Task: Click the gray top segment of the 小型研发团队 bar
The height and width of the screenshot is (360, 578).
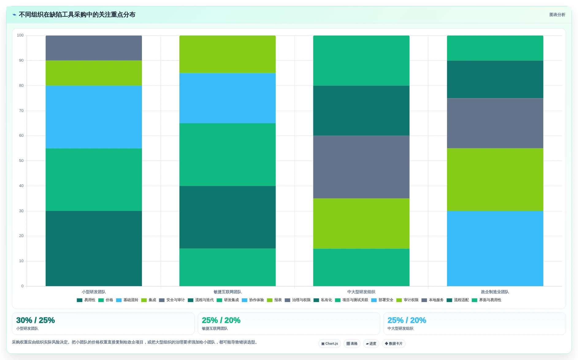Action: (x=94, y=48)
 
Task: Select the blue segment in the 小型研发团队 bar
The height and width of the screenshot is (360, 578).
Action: (x=94, y=117)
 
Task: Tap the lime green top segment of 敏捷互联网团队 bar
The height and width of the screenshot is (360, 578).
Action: (x=227, y=54)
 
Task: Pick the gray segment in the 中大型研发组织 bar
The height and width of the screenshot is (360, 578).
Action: (x=361, y=167)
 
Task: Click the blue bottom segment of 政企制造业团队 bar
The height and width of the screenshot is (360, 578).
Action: (x=495, y=248)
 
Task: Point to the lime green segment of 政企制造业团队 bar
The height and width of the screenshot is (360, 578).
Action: (x=495, y=180)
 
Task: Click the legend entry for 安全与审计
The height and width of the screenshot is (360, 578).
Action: (x=172, y=300)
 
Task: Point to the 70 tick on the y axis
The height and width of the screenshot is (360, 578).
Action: (x=21, y=111)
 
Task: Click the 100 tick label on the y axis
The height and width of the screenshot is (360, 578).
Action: (x=20, y=35)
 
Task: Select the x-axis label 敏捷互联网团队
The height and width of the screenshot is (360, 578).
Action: (x=227, y=292)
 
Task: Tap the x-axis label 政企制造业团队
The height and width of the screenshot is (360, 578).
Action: (x=495, y=292)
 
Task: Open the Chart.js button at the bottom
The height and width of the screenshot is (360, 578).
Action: (x=330, y=343)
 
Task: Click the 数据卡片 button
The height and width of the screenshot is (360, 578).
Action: (x=393, y=343)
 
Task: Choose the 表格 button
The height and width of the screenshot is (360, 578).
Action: (x=352, y=343)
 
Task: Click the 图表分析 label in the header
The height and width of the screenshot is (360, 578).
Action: (x=557, y=15)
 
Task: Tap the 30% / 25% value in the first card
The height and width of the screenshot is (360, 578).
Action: (x=36, y=320)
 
